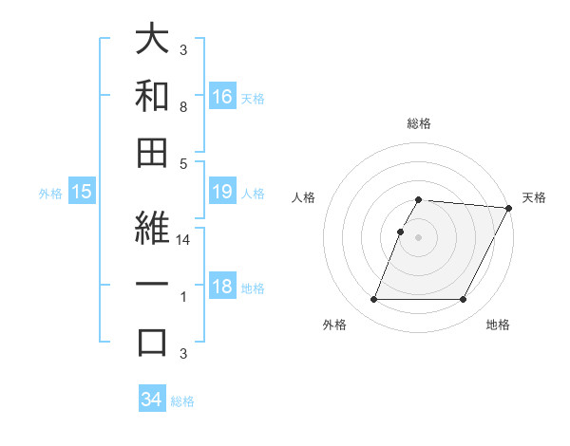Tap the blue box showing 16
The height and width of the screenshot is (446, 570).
pos(222,96)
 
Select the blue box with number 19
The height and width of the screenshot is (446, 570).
pos(222,192)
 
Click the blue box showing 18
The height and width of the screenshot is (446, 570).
pos(222,287)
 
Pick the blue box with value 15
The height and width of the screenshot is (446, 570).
pos(82,192)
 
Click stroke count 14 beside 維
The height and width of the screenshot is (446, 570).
pos(183,241)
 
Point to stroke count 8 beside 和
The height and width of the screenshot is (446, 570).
pos(183,107)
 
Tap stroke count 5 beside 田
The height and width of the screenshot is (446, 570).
pos(183,163)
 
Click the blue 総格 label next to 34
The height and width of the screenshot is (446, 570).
pos(182,400)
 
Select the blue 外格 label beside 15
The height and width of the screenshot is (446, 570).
pos(50,193)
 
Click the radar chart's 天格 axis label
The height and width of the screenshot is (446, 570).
pos(534,197)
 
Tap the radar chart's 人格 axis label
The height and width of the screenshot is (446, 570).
pos(304,197)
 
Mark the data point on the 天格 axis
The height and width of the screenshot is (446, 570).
pos(509,208)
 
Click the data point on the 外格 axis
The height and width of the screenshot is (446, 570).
pos(373,300)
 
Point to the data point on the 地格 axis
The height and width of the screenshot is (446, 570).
pos(464,300)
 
